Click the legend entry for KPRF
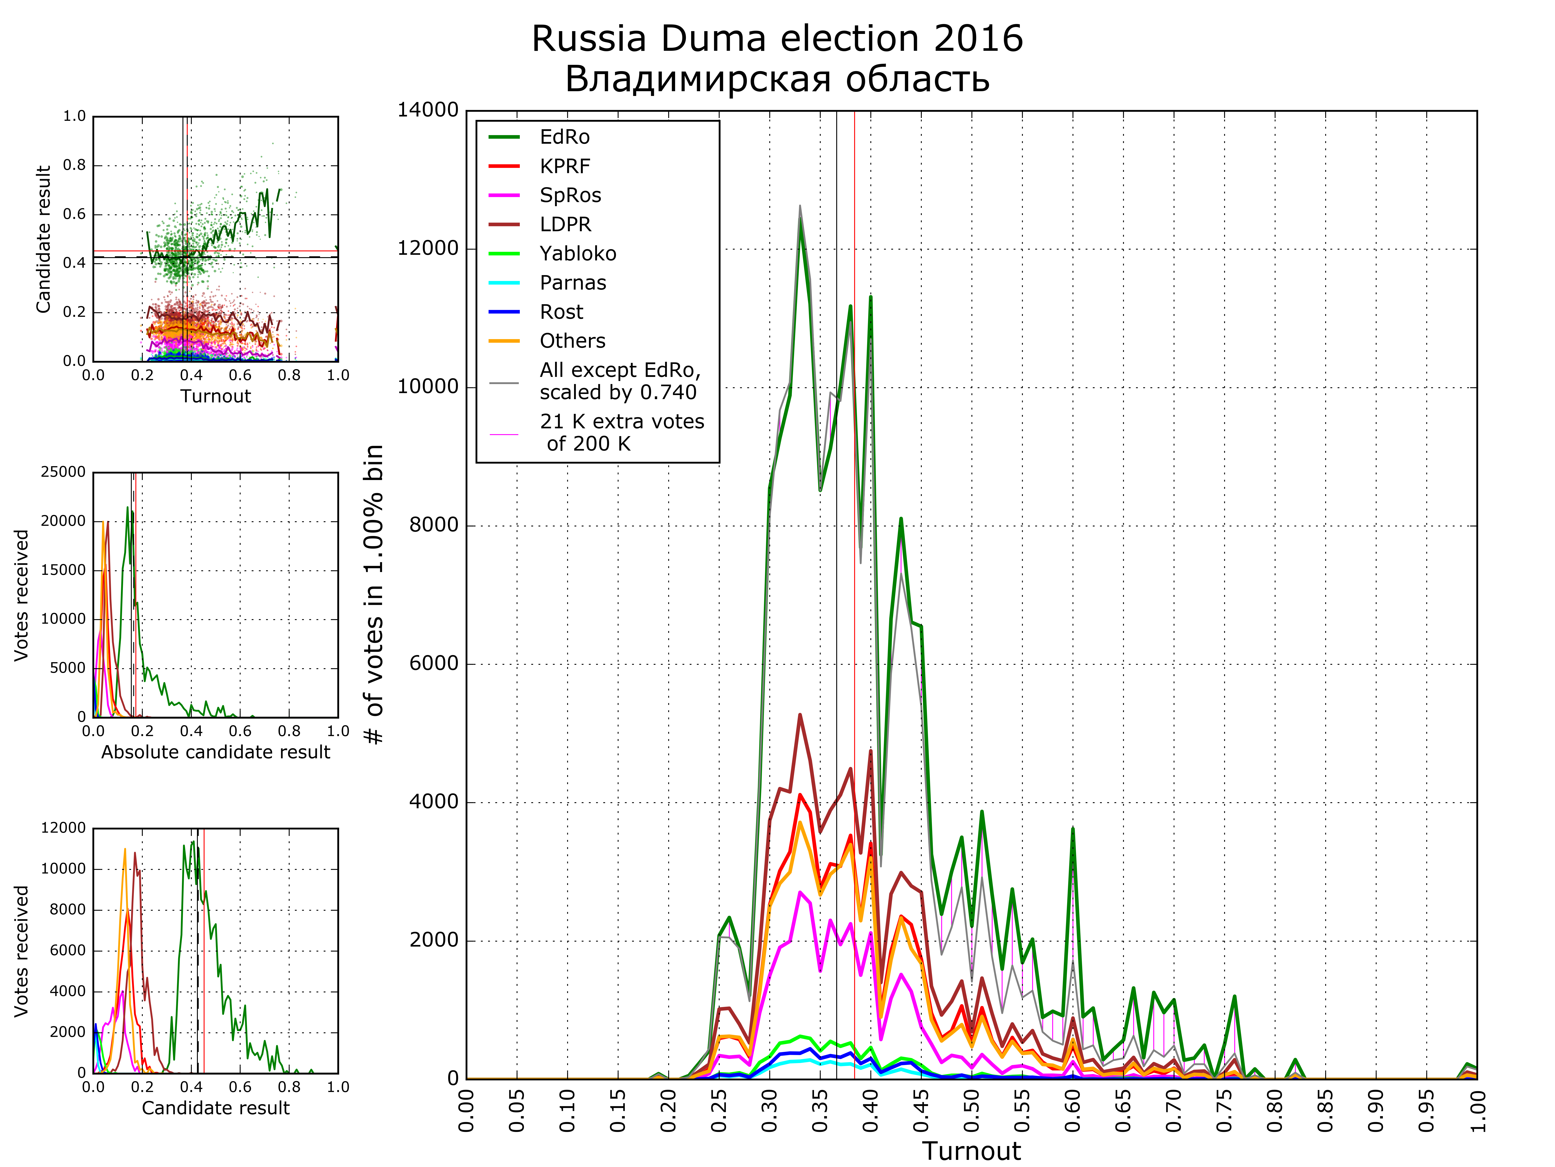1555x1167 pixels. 565,166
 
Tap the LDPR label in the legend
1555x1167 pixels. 565,224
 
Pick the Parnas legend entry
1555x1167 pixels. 572,283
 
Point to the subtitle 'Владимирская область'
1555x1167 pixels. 777,79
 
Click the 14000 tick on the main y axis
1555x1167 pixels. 427,110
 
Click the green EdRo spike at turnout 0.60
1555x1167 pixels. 1073,830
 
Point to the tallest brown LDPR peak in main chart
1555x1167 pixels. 800,715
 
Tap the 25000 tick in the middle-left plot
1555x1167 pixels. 63,472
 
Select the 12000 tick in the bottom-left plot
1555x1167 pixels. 63,828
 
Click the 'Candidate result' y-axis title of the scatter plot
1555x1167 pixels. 44,239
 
